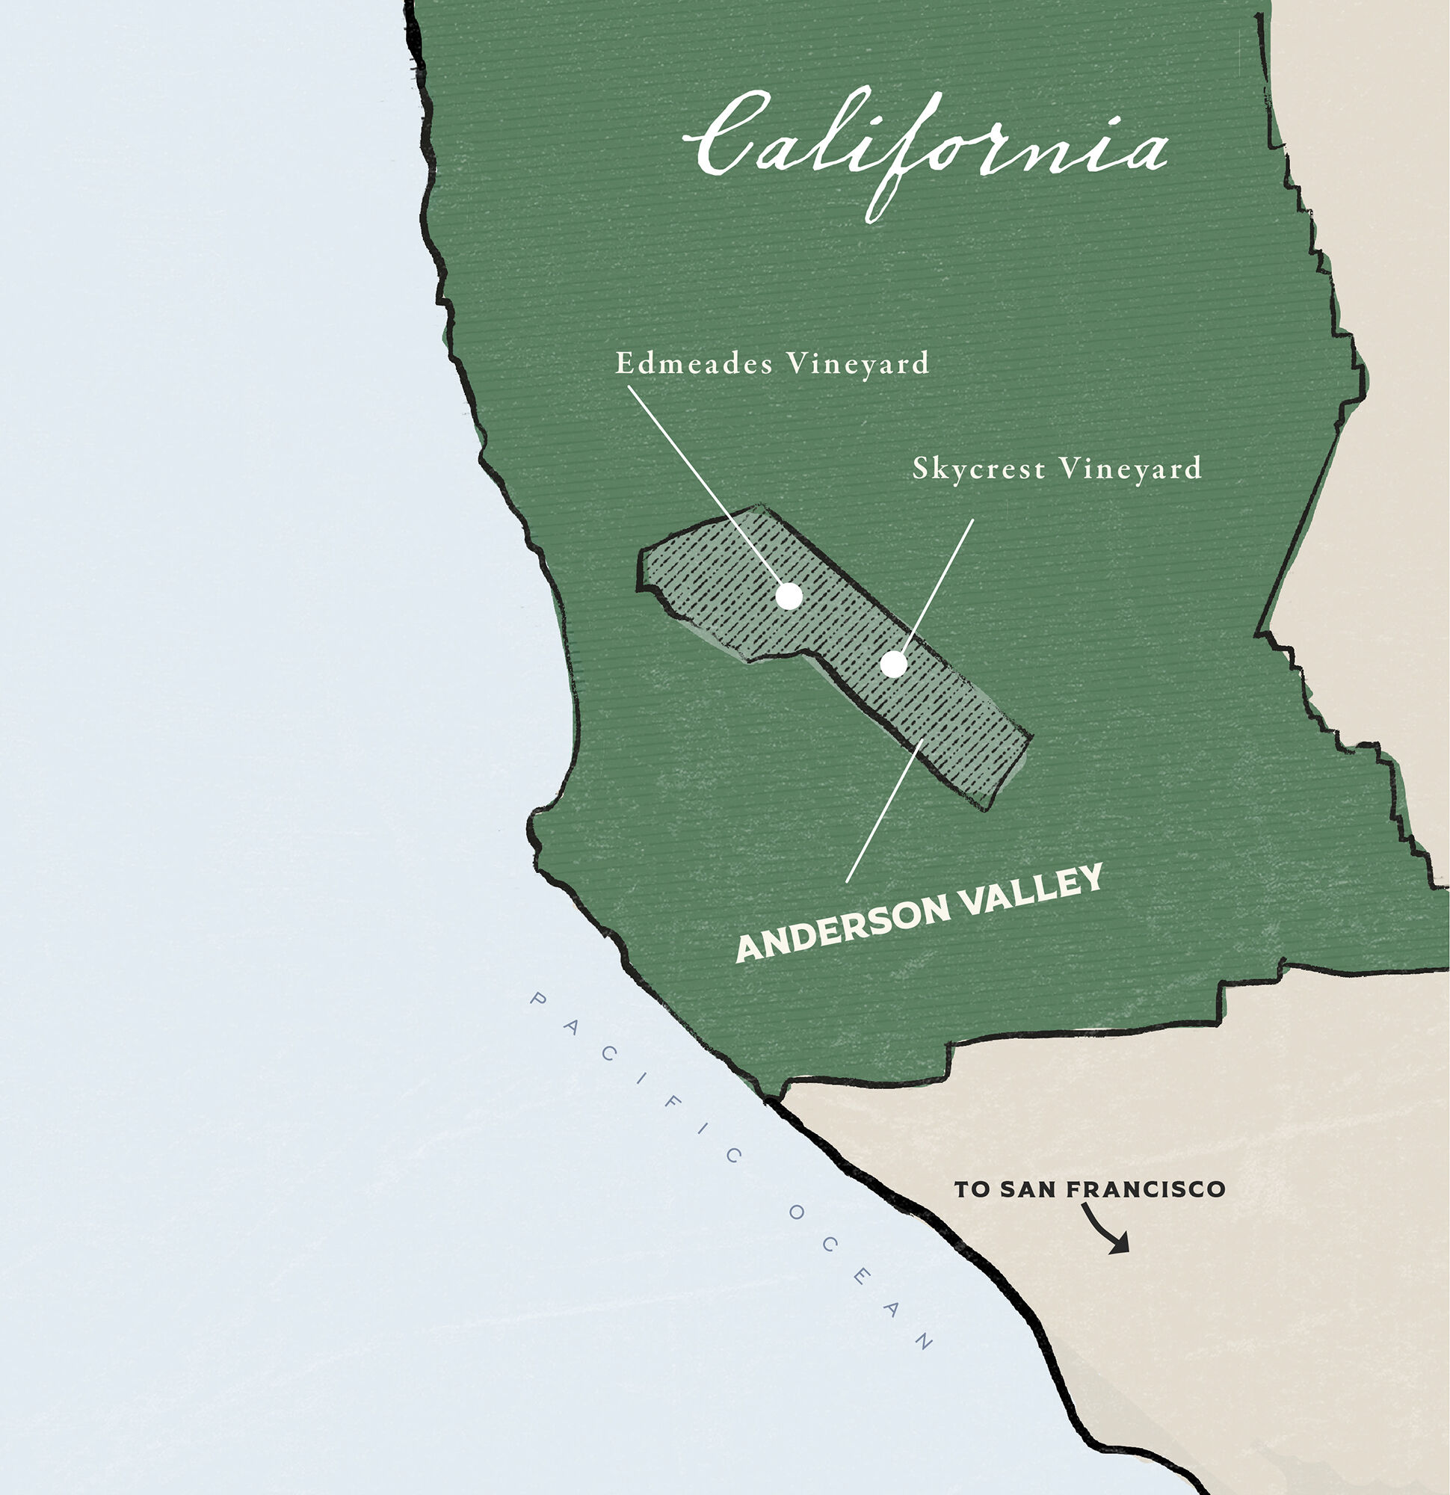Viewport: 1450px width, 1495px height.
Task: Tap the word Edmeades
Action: click(694, 363)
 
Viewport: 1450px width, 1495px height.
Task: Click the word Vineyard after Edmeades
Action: click(857, 364)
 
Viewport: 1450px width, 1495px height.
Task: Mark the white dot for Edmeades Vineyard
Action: click(789, 596)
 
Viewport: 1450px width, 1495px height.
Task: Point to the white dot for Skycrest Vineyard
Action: click(893, 665)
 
